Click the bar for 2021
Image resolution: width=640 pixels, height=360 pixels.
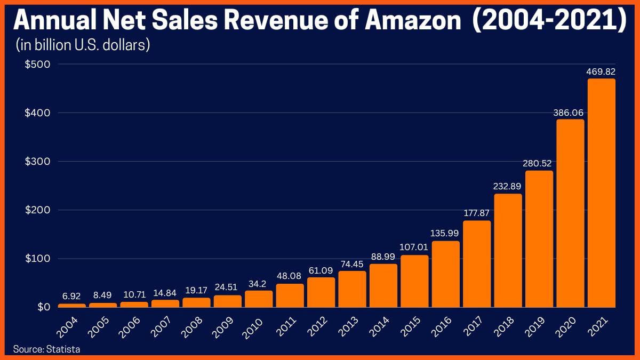coord(602,193)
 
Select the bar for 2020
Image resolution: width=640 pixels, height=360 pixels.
coord(570,213)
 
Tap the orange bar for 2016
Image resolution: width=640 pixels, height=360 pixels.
coord(445,274)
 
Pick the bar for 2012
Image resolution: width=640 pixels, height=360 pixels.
coord(321,292)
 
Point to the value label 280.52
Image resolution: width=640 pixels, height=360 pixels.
coord(539,164)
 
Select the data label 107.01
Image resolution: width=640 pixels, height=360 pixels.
coord(414,248)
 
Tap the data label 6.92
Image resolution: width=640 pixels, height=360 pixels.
coord(71,297)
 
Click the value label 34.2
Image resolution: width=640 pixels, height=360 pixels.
coord(259,283)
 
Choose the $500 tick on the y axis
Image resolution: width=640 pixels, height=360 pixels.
coord(37,64)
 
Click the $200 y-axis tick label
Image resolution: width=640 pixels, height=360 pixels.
coord(37,210)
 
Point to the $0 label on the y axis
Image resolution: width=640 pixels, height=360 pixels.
coord(44,307)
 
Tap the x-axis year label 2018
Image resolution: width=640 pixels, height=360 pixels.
coord(505,326)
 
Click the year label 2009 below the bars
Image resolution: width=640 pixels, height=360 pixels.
coord(225,326)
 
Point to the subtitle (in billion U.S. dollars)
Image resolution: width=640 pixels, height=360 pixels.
coord(82,45)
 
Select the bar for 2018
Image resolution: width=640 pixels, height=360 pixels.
coord(508,251)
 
